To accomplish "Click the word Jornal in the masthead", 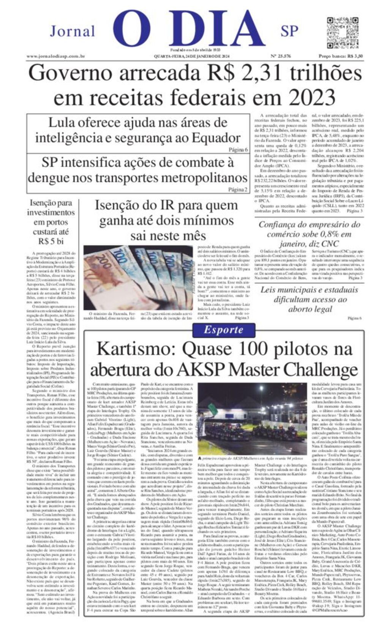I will [x=72, y=31].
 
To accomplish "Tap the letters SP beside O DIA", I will [x=289, y=31].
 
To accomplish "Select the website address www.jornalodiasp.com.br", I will [x=55, y=56].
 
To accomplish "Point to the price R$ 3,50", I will [x=354, y=56].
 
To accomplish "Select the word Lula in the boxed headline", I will [x=64, y=123].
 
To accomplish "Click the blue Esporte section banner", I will [x=223, y=330].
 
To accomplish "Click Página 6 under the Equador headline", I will [x=238, y=150].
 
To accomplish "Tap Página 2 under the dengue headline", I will [x=238, y=189].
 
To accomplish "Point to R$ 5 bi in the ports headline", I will [x=51, y=241].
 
